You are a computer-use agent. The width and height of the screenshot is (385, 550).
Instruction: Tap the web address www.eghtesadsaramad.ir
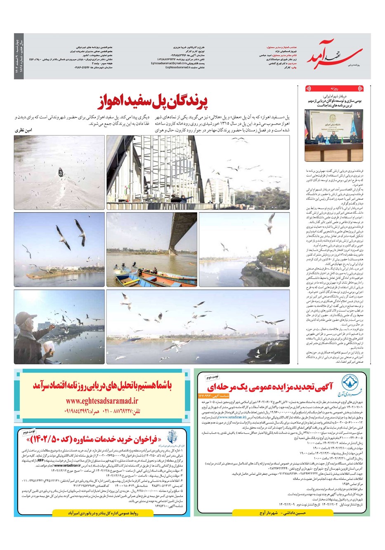102,400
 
